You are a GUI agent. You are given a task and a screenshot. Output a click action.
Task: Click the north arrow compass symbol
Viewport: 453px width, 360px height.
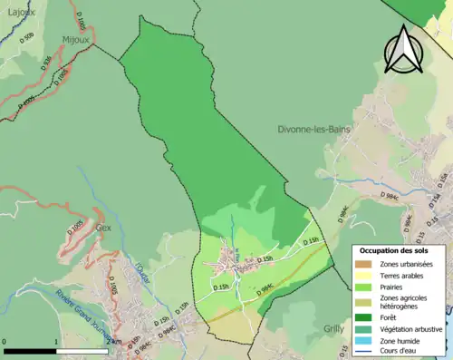403,49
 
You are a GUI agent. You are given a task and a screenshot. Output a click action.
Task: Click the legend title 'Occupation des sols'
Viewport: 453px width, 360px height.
394,249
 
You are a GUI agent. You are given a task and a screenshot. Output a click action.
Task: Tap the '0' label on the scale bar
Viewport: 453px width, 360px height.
5,342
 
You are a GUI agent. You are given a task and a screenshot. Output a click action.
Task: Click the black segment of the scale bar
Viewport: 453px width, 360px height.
31,350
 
